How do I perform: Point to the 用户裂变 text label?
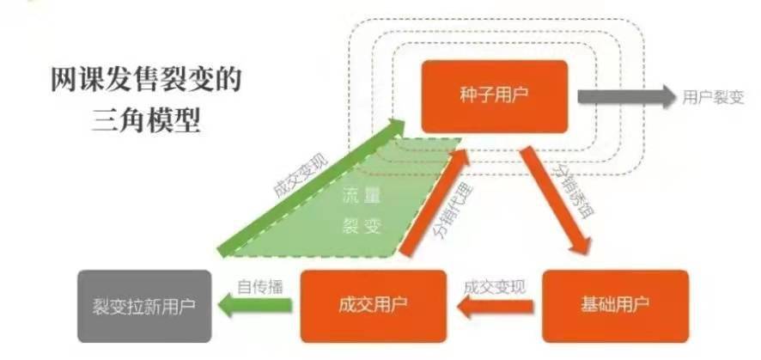click(x=713, y=97)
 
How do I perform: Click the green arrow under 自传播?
click(x=253, y=303)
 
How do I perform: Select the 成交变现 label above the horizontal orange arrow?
click(x=494, y=286)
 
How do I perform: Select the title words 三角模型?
click(x=144, y=120)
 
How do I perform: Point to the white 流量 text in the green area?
click(x=359, y=197)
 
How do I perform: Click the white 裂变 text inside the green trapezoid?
click(x=359, y=227)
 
